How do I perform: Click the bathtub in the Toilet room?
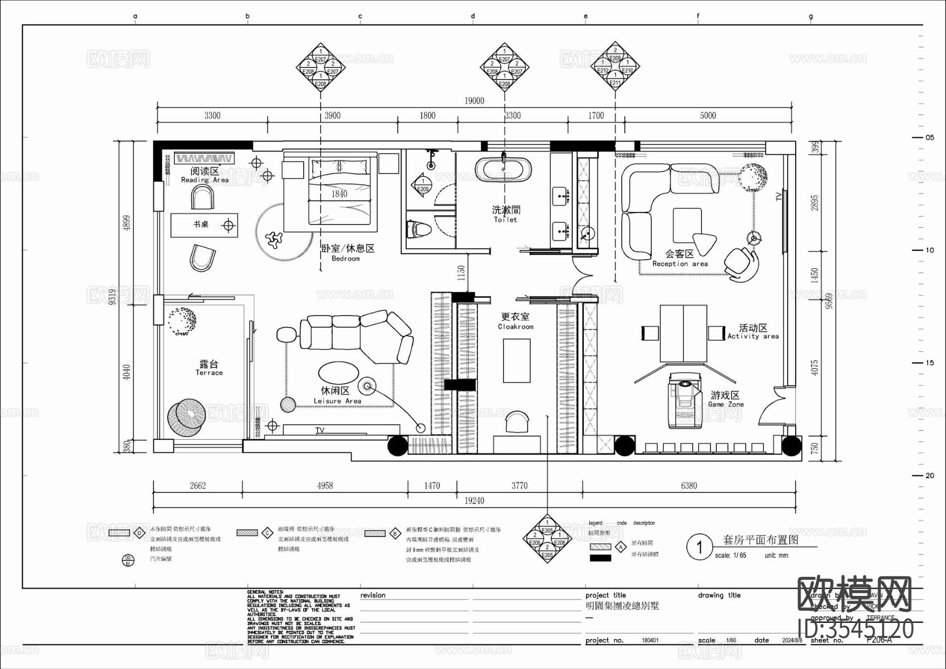click(503, 170)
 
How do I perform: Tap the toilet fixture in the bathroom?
click(418, 230)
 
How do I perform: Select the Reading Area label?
click(204, 175)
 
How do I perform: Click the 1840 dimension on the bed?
click(339, 194)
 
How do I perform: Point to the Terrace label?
click(209, 368)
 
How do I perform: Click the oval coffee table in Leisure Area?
click(339, 372)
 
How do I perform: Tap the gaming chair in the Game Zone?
click(684, 400)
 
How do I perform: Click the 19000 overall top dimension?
click(474, 100)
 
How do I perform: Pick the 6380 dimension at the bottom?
click(688, 485)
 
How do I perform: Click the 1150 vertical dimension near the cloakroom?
click(461, 272)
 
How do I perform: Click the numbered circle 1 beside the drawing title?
click(699, 548)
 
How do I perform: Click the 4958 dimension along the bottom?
click(325, 485)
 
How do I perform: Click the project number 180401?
click(650, 641)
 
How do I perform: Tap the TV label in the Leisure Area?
click(320, 430)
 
